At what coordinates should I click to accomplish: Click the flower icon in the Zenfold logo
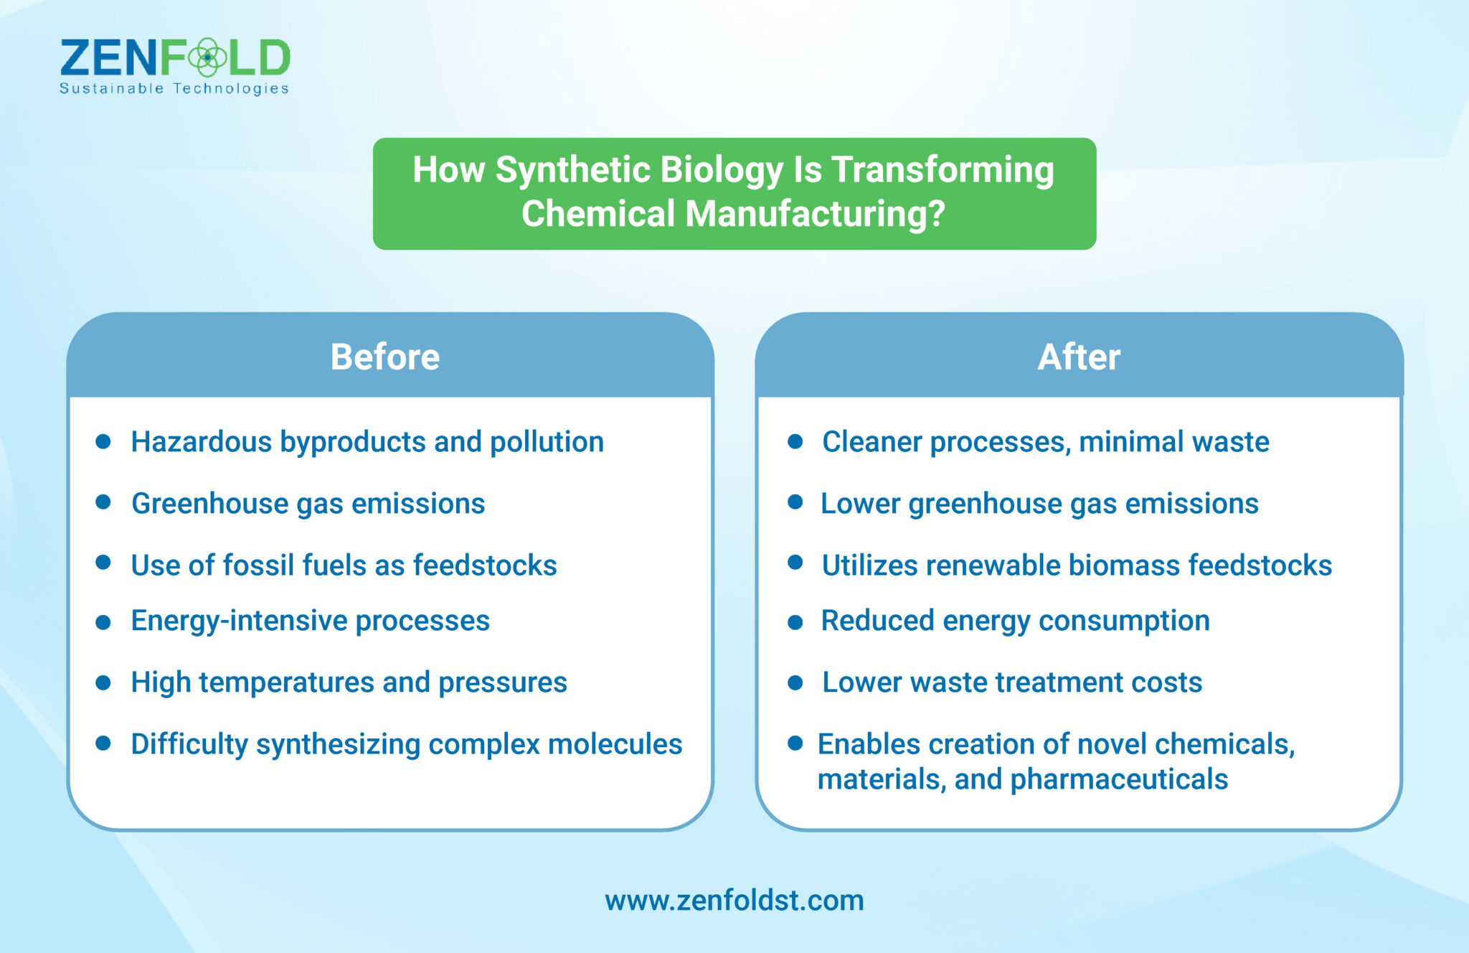point(207,57)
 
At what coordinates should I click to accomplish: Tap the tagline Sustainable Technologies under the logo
point(174,88)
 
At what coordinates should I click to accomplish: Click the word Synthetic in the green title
point(572,170)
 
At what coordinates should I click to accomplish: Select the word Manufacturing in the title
point(815,214)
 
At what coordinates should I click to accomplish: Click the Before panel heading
point(384,357)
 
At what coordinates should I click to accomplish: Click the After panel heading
point(1078,357)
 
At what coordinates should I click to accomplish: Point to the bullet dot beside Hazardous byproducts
point(103,441)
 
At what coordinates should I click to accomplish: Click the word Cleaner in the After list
point(872,442)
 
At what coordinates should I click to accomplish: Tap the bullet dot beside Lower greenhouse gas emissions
point(795,502)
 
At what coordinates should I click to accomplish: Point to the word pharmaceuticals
point(1119,780)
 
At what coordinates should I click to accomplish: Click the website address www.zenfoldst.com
point(734,901)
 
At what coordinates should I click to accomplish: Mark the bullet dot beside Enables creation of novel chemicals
point(795,743)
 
